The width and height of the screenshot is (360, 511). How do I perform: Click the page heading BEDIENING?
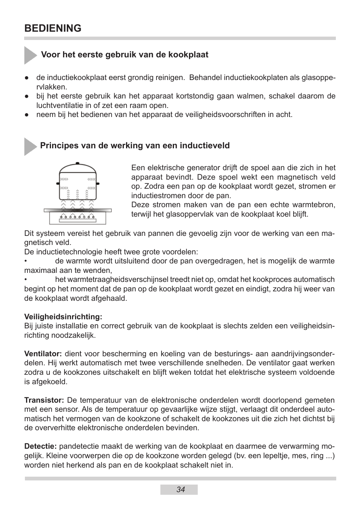click(52, 28)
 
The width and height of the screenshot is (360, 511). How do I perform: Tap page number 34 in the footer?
click(180, 489)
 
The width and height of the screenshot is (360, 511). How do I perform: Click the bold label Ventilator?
click(43, 354)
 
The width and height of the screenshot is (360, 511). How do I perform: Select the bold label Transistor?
click(44, 400)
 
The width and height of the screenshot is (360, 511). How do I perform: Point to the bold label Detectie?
click(40, 446)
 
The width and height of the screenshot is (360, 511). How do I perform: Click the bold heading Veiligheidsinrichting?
click(63, 316)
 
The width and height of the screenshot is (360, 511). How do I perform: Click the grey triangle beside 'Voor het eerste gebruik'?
click(30, 55)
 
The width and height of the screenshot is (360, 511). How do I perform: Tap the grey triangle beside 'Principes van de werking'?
click(30, 146)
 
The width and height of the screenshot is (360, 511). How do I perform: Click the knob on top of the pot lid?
click(78, 163)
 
